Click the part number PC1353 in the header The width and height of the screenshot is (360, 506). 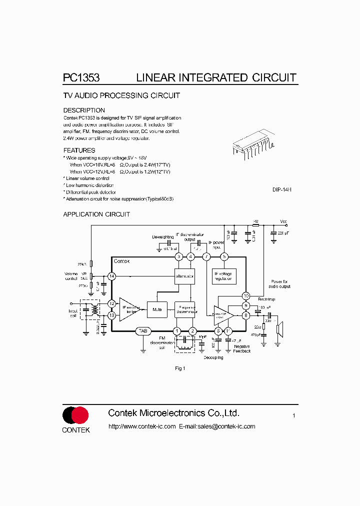[81, 78]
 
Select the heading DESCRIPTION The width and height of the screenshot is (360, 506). [84, 110]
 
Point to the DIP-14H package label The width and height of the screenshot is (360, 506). [282, 189]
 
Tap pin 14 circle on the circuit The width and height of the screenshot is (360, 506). [111, 276]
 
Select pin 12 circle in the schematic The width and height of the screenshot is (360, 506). [111, 303]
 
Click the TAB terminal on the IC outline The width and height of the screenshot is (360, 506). [143, 331]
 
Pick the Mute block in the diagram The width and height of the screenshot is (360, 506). [157, 309]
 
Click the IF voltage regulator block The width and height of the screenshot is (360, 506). [224, 276]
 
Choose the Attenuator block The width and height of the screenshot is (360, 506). [184, 276]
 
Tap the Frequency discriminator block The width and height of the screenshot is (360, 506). [184, 309]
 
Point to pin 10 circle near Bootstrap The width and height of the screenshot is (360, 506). [245, 295]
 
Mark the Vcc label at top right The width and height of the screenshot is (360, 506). [283, 221]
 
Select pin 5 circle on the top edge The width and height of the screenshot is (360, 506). [224, 256]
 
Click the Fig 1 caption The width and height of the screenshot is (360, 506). [180, 368]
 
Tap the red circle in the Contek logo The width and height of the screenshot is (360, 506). [80, 415]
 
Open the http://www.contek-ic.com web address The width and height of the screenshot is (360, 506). [142, 426]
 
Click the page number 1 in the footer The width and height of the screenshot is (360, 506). [294, 415]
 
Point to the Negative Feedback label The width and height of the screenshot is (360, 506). [242, 348]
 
